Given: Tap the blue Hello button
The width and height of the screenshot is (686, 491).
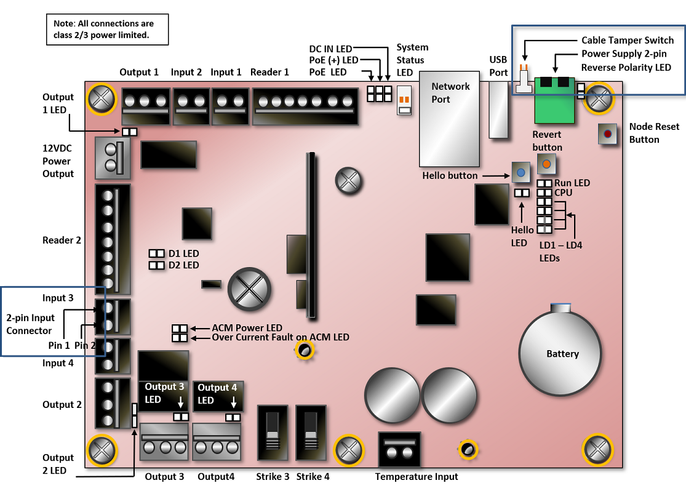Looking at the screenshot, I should pos(520,173).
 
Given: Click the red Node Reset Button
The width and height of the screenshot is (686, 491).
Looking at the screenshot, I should pos(608,134).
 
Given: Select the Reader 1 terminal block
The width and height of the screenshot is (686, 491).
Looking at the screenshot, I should pos(306,105).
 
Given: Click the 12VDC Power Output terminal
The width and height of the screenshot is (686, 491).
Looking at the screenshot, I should pos(111,158).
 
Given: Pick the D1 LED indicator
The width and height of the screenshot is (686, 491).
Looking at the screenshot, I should pos(157,253).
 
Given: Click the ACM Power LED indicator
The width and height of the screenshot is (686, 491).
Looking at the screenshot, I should pos(179,329).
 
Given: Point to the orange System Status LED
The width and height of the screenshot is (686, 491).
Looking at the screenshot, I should pos(404,100).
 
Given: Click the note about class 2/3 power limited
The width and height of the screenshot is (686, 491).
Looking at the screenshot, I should pos(107,29).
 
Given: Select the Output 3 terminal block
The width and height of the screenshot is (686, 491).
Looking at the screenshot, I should pos(164,442).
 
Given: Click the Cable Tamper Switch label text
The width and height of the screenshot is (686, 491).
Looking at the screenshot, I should pos(627,41).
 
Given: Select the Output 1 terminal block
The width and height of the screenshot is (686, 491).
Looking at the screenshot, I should pos(145,105).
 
